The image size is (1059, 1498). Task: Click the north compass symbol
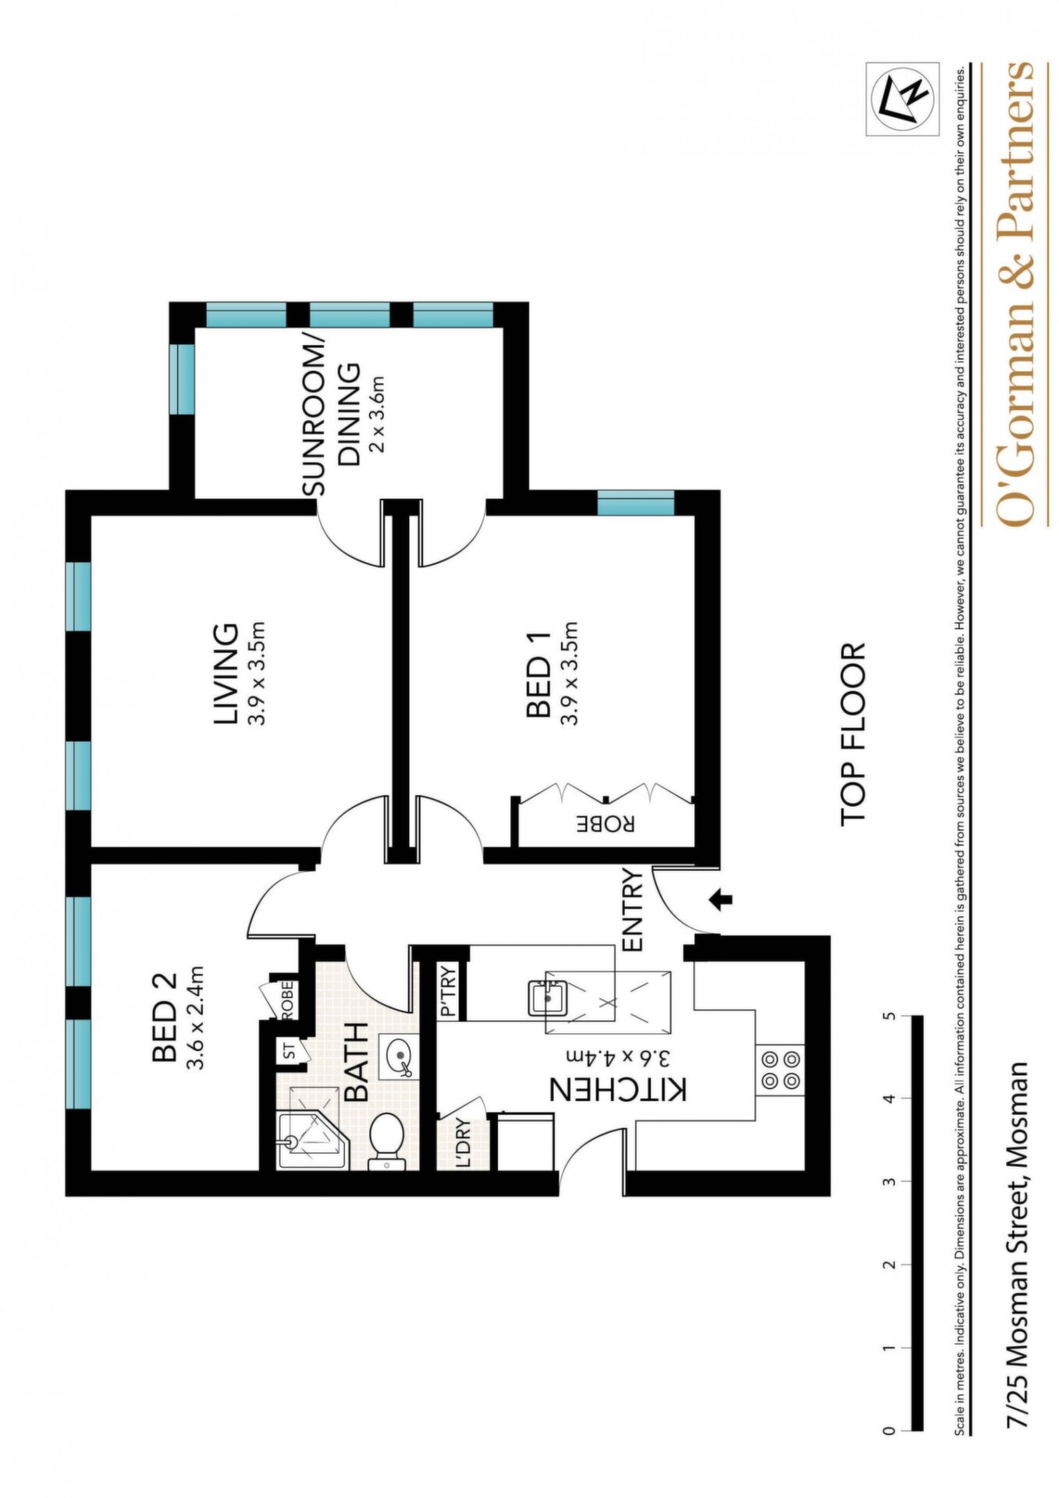(x=902, y=98)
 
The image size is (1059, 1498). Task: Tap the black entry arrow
(x=723, y=900)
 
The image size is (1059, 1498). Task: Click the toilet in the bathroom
(x=387, y=1141)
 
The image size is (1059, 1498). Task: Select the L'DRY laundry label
(x=464, y=1143)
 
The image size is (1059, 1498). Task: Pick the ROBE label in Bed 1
(x=606, y=824)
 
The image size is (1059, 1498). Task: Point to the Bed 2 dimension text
(x=195, y=1018)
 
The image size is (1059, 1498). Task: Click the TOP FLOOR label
(x=854, y=733)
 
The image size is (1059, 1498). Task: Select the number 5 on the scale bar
(x=889, y=1017)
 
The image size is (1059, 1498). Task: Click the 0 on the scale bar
(x=889, y=1431)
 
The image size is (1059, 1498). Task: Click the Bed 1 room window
(x=636, y=502)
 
